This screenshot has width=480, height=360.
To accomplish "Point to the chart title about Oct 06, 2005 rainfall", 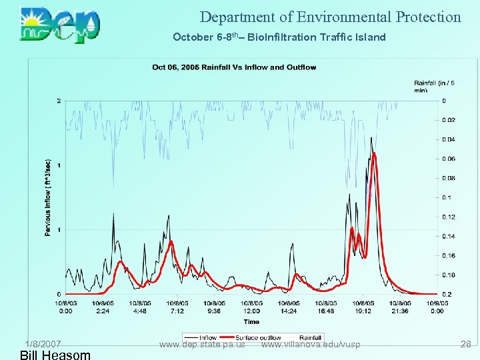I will pos(225,67).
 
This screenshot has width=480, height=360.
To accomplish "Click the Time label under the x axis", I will pos(251,322).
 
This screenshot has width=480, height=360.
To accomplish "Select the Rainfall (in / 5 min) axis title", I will pos(434,86).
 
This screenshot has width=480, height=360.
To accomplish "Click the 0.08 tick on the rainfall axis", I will pos(449,179).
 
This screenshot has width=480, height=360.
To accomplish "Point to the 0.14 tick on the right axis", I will pos(449,237).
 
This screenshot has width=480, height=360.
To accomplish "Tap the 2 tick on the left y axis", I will pos(59,101).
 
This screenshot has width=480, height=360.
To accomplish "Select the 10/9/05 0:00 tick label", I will pos(437,307).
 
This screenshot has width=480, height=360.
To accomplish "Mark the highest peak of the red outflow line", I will pos(374,154).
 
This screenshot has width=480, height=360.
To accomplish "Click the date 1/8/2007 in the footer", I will pos(43,344).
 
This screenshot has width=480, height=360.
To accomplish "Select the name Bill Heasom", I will pos(55,355).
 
